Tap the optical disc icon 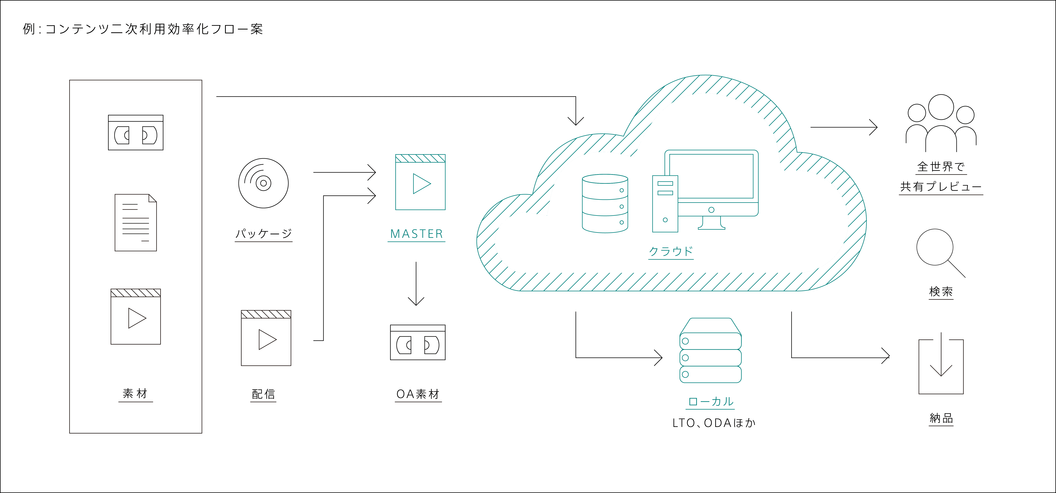pyautogui.click(x=263, y=183)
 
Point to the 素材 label pyautogui.click(x=135, y=393)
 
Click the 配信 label pyautogui.click(x=263, y=394)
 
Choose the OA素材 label pyautogui.click(x=418, y=394)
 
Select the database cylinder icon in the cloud pyautogui.click(x=605, y=203)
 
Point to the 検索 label pyautogui.click(x=941, y=291)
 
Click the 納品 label pyautogui.click(x=941, y=418)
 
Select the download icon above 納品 pyautogui.click(x=941, y=364)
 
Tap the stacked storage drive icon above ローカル pyautogui.click(x=710, y=350)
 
